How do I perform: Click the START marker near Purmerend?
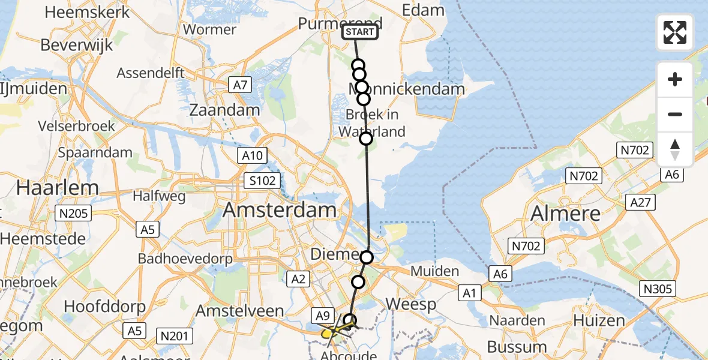pyautogui.click(x=360, y=32)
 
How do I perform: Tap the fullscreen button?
pyautogui.click(x=675, y=32)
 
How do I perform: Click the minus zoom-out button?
pyautogui.click(x=675, y=114)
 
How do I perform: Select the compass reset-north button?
pyautogui.click(x=675, y=149)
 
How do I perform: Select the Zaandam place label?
pyautogui.click(x=224, y=110)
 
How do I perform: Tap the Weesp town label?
pyautogui.click(x=410, y=304)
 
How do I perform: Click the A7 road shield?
pyautogui.click(x=239, y=86)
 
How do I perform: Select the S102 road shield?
pyautogui.click(x=264, y=179)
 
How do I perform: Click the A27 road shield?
pyautogui.click(x=641, y=202)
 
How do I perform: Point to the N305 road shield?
pyautogui.click(x=658, y=289)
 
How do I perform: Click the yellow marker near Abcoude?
pyautogui.click(x=326, y=333)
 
